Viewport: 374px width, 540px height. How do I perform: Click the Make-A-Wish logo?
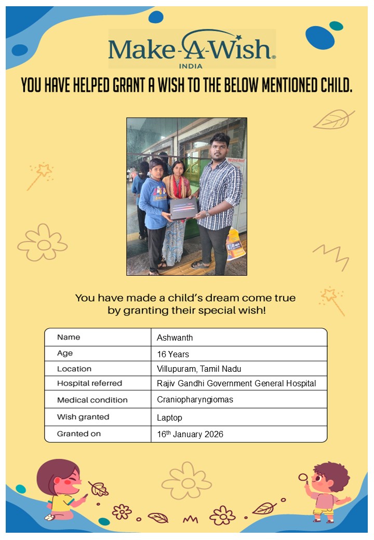pyautogui.click(x=192, y=49)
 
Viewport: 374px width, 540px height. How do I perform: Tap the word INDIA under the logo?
pyautogui.click(x=190, y=66)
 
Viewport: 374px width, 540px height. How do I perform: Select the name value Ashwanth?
pyautogui.click(x=175, y=337)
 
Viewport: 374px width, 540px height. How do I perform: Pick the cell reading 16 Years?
pyautogui.click(x=173, y=354)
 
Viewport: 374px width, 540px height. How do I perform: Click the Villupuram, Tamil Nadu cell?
pyautogui.click(x=199, y=369)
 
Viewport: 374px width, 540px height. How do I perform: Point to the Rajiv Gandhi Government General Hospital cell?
pyautogui.click(x=236, y=384)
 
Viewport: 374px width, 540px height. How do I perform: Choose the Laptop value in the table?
pyautogui.click(x=169, y=417)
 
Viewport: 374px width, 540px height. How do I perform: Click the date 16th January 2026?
pyautogui.click(x=190, y=434)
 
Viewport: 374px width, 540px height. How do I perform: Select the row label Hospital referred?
pyautogui.click(x=89, y=384)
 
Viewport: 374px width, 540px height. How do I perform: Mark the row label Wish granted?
pyautogui.click(x=83, y=417)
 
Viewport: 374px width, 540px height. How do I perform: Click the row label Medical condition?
pyautogui.click(x=92, y=400)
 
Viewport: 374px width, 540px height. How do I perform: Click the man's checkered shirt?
pyautogui.click(x=219, y=192)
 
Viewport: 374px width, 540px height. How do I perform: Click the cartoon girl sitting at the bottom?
pyautogui.click(x=61, y=490)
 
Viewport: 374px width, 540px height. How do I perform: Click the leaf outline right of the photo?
pyautogui.click(x=333, y=119)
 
